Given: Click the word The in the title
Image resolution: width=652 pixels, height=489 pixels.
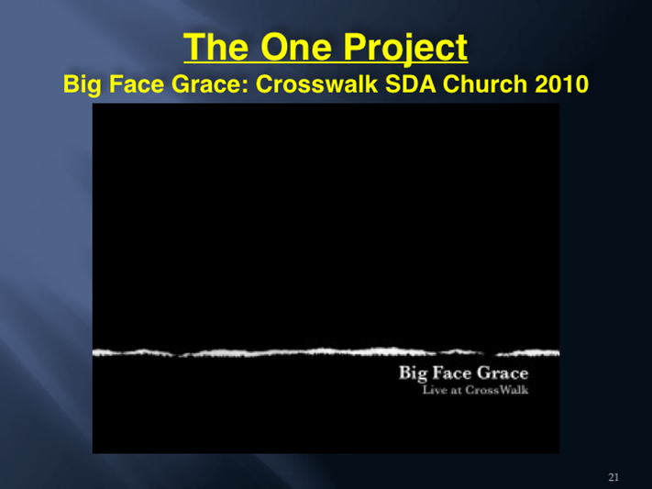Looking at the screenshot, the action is point(216,47).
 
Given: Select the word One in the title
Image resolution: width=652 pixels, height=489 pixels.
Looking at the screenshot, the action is point(296,47).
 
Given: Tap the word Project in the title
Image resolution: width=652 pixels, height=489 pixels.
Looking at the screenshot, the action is point(405,50).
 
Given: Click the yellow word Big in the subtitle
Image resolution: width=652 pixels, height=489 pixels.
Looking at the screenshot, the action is point(82,85).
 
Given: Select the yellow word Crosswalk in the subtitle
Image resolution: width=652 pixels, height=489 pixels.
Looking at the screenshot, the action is point(316,84).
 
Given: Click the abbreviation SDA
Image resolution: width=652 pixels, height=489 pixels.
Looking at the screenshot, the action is point(411,84).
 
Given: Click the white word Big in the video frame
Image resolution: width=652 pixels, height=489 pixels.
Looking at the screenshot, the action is point(413,373).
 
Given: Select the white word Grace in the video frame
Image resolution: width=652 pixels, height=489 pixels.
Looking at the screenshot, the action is point(503,372).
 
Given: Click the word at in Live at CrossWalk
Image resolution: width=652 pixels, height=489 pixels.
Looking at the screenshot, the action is point(456,391).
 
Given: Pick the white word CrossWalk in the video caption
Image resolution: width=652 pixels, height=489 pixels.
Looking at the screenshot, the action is point(497,390).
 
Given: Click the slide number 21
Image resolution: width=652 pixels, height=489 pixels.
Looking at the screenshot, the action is point(613,477).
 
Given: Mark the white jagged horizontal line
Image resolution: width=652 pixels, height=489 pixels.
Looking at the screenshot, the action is point(326,352).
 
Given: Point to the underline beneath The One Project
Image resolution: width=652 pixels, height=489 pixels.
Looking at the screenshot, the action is point(326,62).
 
